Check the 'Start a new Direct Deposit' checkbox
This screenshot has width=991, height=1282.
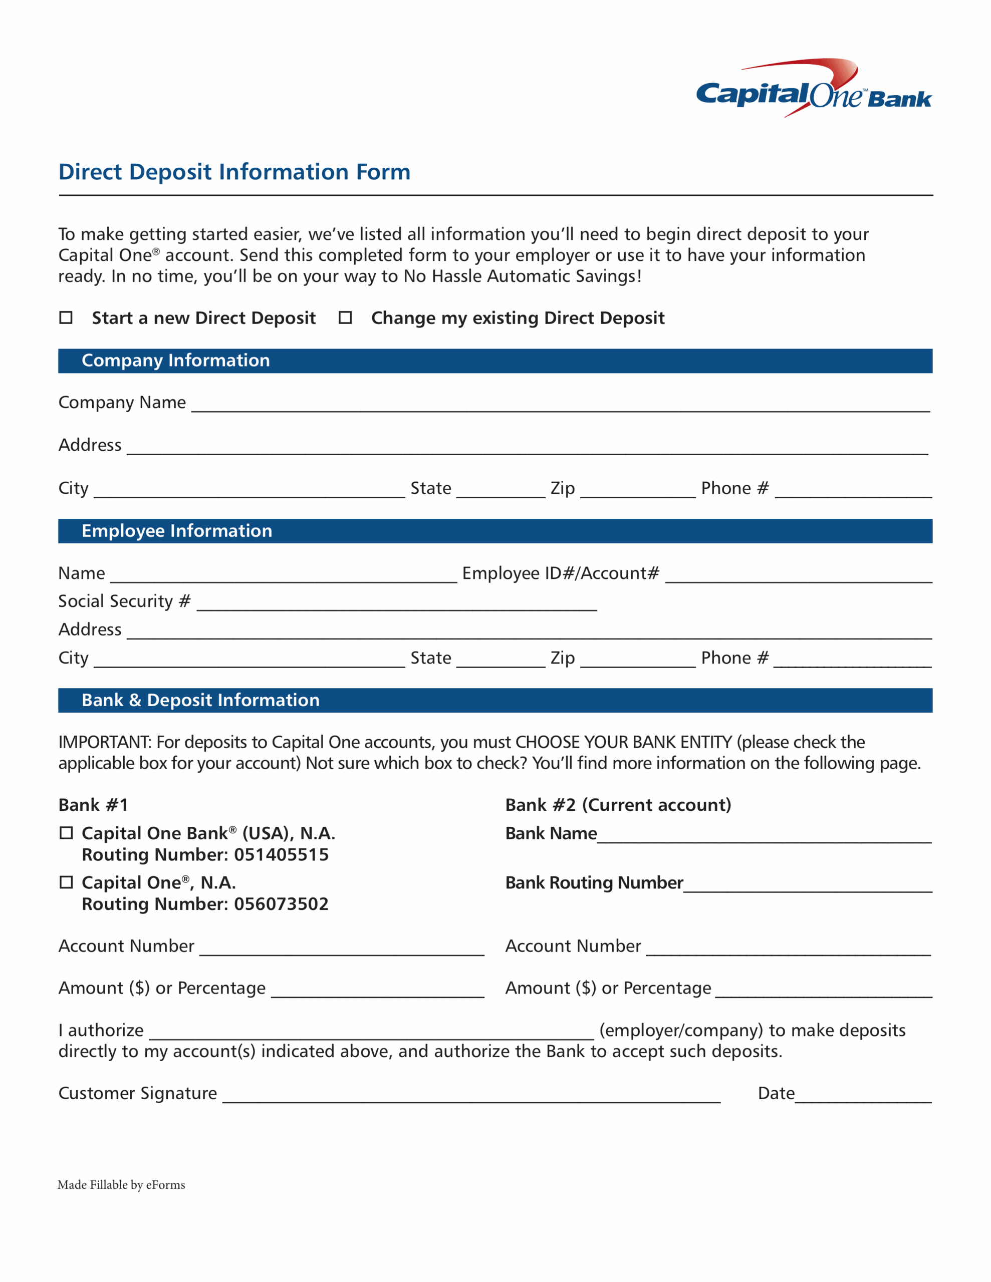(x=66, y=317)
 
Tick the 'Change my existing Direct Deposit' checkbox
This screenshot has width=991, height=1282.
(x=345, y=317)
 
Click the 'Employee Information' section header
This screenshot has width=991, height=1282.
(x=176, y=531)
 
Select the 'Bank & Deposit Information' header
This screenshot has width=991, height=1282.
(x=200, y=700)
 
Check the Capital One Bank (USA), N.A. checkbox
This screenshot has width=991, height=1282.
(x=66, y=833)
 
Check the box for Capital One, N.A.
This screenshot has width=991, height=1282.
(x=66, y=882)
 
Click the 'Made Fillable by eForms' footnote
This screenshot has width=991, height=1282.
(x=121, y=1184)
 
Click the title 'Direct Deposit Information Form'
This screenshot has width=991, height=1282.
(x=234, y=172)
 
